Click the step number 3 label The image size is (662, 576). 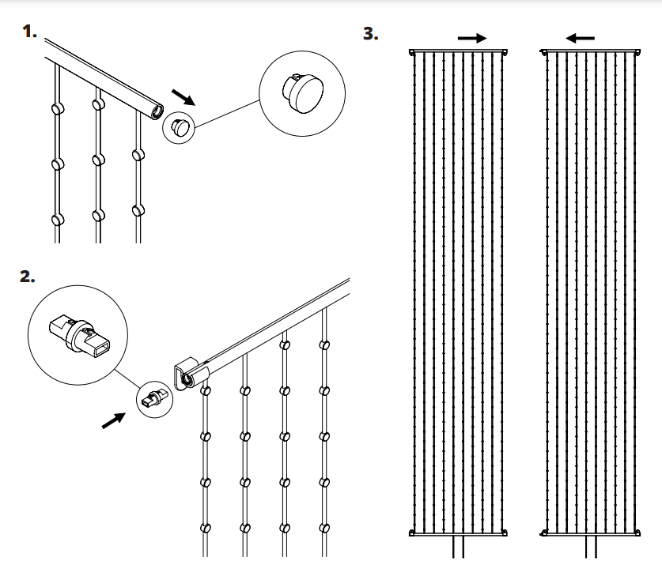pos(369,35)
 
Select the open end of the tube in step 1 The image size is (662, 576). pos(157,109)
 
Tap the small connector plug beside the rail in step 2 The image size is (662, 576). pos(152,399)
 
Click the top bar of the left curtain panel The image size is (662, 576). pos(459,51)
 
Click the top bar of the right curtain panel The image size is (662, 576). pos(591,51)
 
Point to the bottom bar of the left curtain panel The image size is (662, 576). pos(459,533)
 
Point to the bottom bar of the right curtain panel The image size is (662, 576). pos(591,533)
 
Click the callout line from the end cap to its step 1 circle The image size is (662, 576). pos(227,114)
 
